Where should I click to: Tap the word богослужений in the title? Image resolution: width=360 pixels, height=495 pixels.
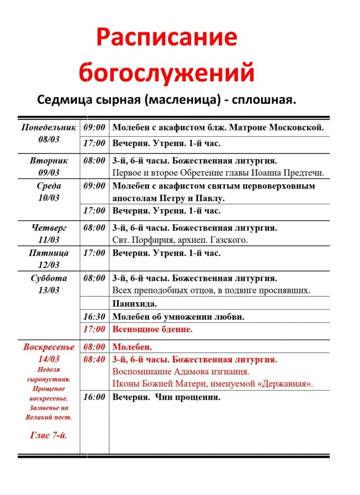point(166,72)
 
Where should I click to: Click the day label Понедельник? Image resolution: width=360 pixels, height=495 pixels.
point(48,128)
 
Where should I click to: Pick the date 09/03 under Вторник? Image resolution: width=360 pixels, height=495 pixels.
point(48,173)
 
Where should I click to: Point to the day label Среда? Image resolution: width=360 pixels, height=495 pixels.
point(48,186)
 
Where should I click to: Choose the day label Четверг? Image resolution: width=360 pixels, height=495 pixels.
point(48,228)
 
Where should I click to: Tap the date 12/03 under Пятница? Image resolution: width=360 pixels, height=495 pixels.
point(48,265)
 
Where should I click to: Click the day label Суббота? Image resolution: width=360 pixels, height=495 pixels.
point(48,278)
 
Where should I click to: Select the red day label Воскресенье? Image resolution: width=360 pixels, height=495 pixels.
point(48,347)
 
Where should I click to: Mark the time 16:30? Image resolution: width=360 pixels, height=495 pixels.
point(94,317)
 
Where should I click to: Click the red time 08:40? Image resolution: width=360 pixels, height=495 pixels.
point(94,360)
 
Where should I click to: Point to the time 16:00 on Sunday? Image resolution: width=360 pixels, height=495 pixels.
point(94,397)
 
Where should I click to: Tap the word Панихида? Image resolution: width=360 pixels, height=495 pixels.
point(135,304)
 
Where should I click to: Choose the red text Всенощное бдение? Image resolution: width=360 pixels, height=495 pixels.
point(152,329)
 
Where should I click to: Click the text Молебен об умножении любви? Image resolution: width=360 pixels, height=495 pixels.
point(178,317)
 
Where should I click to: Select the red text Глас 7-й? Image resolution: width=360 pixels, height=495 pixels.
point(48,436)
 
